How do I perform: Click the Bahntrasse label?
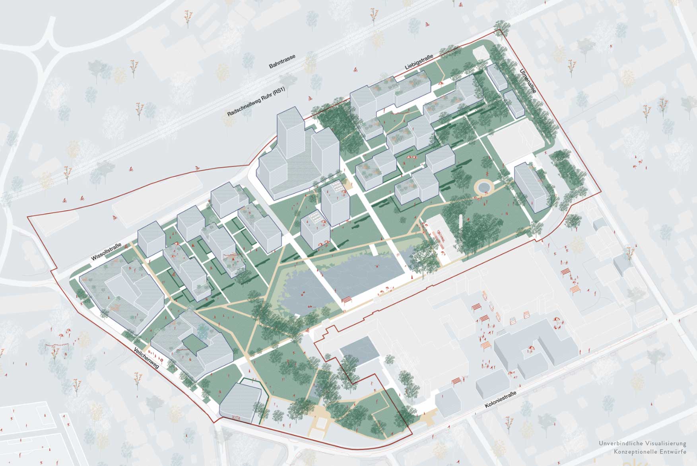pyautogui.click(x=282, y=62)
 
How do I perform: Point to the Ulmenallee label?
pyautogui.click(x=528, y=81)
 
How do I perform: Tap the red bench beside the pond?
pyautogui.click(x=347, y=300)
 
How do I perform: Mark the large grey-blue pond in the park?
pyautogui.click(x=338, y=279)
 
